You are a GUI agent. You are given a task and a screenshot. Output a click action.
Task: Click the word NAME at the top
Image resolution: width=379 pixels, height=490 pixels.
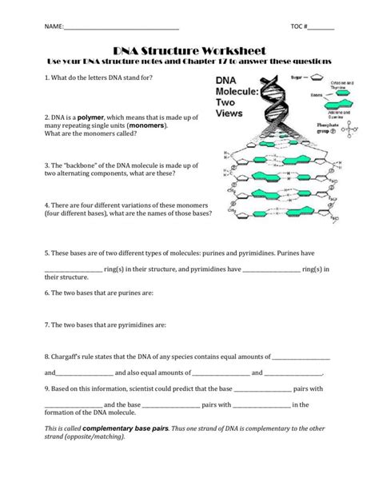53,27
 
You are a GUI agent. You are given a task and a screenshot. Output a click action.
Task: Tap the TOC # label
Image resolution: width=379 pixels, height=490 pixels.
300,27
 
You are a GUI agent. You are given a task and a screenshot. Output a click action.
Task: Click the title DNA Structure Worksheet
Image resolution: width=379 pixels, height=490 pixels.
189,50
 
